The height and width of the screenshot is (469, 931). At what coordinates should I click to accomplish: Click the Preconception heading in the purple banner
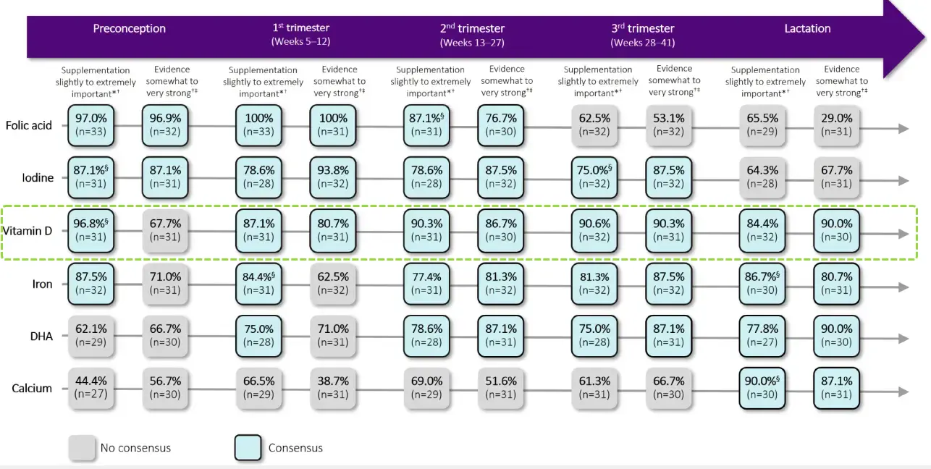coord(129,29)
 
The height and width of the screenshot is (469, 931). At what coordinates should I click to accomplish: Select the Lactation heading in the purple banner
coord(807,29)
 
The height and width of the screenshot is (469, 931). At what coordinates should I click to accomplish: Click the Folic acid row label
coord(29,125)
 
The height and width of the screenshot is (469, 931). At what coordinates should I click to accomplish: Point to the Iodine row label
coord(37,177)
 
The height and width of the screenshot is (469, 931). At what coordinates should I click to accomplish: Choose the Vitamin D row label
coord(28,231)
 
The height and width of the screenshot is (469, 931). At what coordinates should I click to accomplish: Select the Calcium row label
coord(32,389)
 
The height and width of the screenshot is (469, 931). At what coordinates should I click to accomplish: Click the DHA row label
coord(41,336)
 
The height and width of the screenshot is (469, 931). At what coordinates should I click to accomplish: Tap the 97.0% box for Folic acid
coord(91,124)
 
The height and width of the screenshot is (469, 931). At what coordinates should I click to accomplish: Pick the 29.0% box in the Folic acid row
coord(837,124)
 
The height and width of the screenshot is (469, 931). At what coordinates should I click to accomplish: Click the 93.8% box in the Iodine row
coord(334,177)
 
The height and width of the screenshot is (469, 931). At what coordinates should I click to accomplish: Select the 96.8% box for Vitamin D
coord(91,231)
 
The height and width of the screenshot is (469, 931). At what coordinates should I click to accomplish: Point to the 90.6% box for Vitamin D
coord(594,231)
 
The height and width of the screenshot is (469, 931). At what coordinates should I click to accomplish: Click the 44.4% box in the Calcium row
coord(91,388)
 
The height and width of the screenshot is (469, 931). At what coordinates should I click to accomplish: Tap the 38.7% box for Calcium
coord(334,388)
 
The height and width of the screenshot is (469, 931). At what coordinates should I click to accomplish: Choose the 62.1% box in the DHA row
coord(91,336)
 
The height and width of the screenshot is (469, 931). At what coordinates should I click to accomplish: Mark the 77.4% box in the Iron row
coord(427,284)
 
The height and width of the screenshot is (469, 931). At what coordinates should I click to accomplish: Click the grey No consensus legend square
coord(82,447)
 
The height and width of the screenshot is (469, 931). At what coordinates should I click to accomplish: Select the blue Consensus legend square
coord(248,447)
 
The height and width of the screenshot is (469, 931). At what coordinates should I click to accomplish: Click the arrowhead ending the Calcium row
coord(903,391)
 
